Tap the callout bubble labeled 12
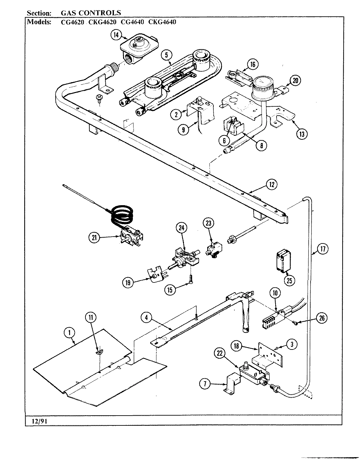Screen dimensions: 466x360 click(271, 185)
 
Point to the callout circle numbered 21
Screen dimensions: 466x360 click(94, 238)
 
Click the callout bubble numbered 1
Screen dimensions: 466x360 click(69, 333)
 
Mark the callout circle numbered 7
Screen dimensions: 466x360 click(205, 384)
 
